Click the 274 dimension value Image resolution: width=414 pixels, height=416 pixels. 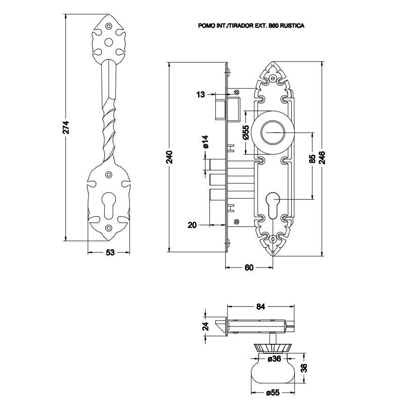(66, 127)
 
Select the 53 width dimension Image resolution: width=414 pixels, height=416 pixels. (110, 253)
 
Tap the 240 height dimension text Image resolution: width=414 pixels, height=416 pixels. (170, 157)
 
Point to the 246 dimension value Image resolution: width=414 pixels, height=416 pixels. (322, 157)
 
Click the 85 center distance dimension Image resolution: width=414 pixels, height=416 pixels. (312, 159)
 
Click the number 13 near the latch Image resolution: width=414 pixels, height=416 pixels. (200, 95)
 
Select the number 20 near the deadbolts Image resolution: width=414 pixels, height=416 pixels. (192, 225)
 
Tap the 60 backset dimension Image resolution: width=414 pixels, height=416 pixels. (249, 267)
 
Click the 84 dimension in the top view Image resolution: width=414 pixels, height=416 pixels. (261, 307)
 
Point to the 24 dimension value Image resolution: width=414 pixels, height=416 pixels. (205, 326)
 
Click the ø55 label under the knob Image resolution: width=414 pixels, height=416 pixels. (273, 393)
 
